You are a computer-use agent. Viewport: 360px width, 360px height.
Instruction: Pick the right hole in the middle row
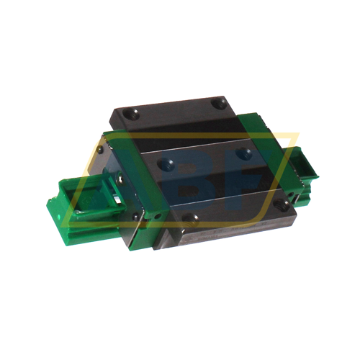click(x=246, y=153)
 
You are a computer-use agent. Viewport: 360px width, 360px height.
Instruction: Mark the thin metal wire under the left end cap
click(x=144, y=230)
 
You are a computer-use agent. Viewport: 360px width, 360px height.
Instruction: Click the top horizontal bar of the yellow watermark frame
click(x=194, y=135)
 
